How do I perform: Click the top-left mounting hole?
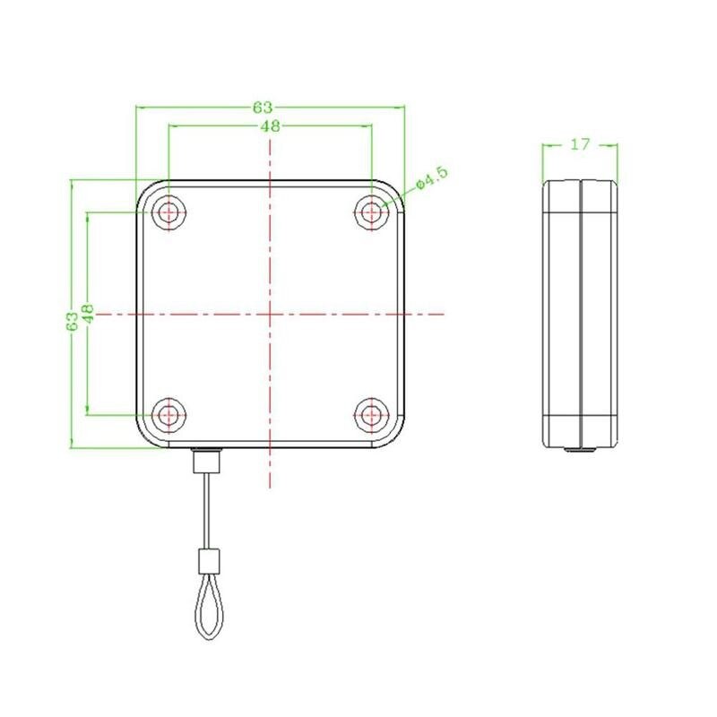(x=168, y=212)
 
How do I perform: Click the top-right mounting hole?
(x=370, y=212)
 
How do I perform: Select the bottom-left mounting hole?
(x=168, y=415)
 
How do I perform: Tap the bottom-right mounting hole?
(x=370, y=415)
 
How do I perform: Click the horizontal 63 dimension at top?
(x=263, y=108)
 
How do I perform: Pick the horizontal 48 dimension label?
(x=270, y=126)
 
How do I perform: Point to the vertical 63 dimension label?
(x=72, y=321)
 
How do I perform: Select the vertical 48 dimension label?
(x=88, y=313)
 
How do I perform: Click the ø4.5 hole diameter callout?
(x=430, y=177)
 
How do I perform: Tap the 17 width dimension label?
(x=580, y=143)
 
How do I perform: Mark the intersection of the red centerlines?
(x=270, y=314)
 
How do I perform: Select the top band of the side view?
(x=581, y=197)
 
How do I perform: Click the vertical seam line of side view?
(x=581, y=314)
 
